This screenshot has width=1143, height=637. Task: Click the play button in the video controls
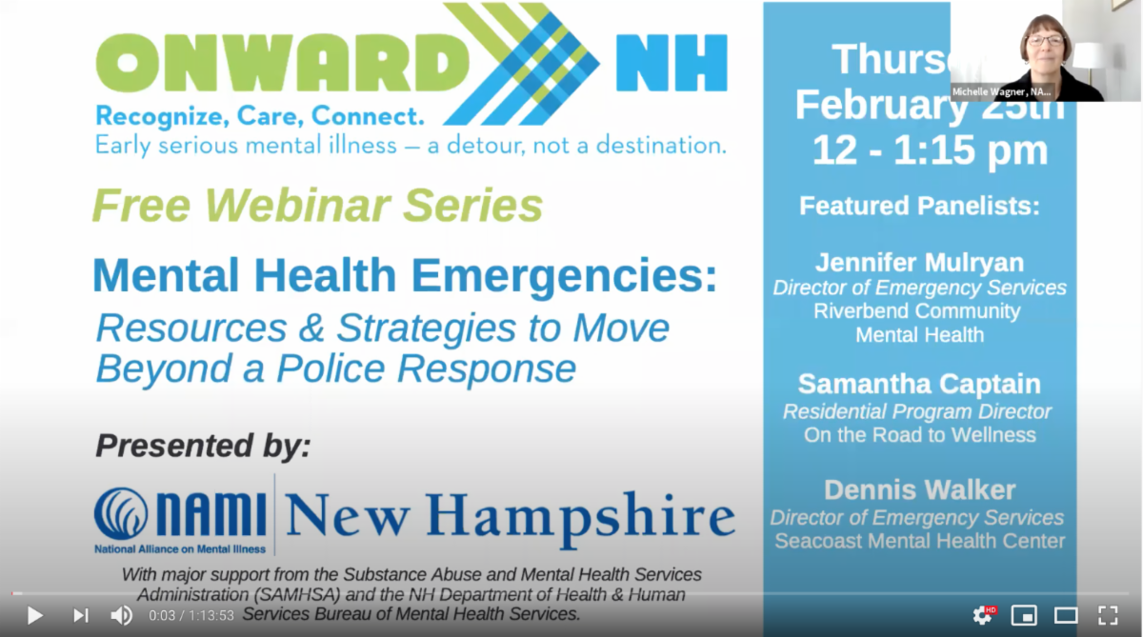click(x=34, y=615)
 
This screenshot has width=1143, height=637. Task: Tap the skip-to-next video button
click(x=81, y=615)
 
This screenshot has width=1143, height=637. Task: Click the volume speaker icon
click(x=121, y=615)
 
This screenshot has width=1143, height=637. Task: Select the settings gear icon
click(x=981, y=615)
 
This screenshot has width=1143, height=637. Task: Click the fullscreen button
click(x=1108, y=615)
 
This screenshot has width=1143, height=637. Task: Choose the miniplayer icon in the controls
click(x=1024, y=615)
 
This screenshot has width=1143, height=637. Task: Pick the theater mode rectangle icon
click(x=1066, y=615)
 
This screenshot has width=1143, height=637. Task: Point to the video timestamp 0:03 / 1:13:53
click(x=191, y=616)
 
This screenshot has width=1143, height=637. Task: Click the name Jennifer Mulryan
click(x=919, y=262)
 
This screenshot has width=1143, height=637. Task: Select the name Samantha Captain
click(x=919, y=384)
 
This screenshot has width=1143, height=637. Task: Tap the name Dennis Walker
click(x=919, y=489)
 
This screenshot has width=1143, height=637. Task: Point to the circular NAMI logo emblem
click(x=121, y=513)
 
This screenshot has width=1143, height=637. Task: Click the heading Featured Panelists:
click(x=919, y=206)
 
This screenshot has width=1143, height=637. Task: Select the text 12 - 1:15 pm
click(x=929, y=150)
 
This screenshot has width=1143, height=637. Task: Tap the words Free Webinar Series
click(x=317, y=205)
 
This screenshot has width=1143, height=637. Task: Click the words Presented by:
click(x=203, y=446)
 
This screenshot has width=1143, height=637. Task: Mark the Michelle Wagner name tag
click(x=1002, y=92)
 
